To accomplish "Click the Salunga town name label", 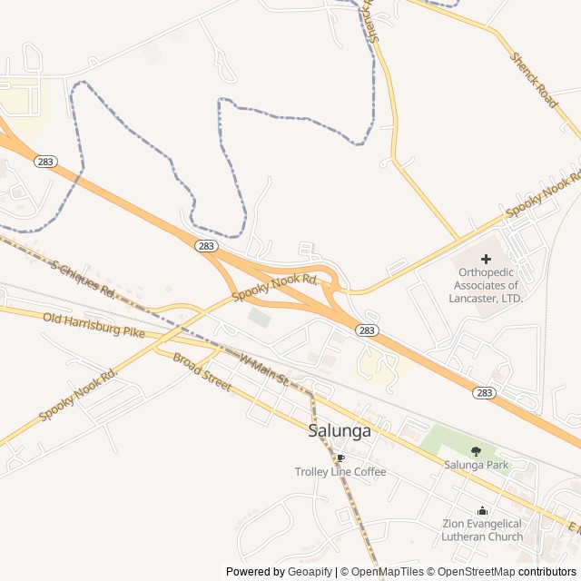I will click(340, 431).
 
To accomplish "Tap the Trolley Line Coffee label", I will click(340, 472).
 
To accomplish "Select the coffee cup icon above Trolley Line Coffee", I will click(340, 458).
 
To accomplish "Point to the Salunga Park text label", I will click(477, 466).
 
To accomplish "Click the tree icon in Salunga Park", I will click(477, 450).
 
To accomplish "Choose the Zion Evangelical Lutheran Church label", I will click(482, 530).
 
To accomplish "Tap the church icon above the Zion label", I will click(482, 510).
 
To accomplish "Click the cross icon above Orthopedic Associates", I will click(486, 259).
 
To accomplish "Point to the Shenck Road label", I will click(534, 80).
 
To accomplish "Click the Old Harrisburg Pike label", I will click(94, 325).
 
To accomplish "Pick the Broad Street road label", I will click(202, 372).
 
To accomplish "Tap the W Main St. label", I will click(264, 368).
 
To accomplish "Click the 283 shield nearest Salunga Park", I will click(484, 392).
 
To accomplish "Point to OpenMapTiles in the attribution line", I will click(388, 572).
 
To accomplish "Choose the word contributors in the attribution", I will click(547, 572).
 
